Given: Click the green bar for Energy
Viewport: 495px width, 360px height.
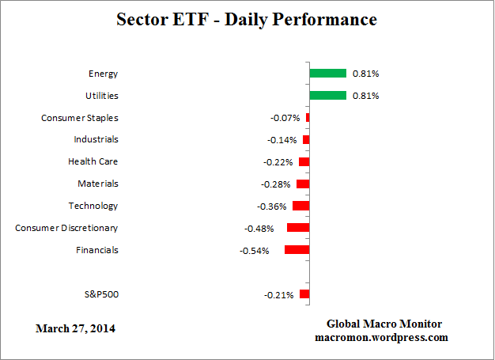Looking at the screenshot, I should [x=327, y=74].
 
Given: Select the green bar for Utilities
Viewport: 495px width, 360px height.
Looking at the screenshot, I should [x=327, y=96].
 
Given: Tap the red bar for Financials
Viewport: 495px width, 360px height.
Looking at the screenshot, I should [x=297, y=250].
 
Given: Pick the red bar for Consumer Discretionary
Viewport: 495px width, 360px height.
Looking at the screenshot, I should [x=298, y=228].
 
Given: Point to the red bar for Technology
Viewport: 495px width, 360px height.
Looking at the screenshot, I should [x=300, y=206].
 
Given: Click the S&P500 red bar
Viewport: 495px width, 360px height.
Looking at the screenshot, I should [x=304, y=294].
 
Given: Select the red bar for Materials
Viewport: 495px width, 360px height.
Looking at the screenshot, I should [x=303, y=184].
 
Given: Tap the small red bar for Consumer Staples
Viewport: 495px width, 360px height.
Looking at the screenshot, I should [x=308, y=118].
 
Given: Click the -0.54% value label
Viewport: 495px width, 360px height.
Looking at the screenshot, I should [x=254, y=251].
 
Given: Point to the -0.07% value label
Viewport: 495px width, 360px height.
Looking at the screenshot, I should [x=285, y=119].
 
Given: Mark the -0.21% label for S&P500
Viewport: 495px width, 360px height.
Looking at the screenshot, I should [x=278, y=295].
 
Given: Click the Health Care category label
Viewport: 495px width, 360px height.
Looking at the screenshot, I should [x=93, y=161].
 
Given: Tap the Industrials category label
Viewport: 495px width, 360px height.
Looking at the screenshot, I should [x=95, y=139].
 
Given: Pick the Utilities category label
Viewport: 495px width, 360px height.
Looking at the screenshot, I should [x=101, y=96].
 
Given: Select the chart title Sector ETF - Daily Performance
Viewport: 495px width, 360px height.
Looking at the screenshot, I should [x=247, y=19].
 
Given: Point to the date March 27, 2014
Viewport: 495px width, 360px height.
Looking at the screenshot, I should [x=75, y=328].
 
